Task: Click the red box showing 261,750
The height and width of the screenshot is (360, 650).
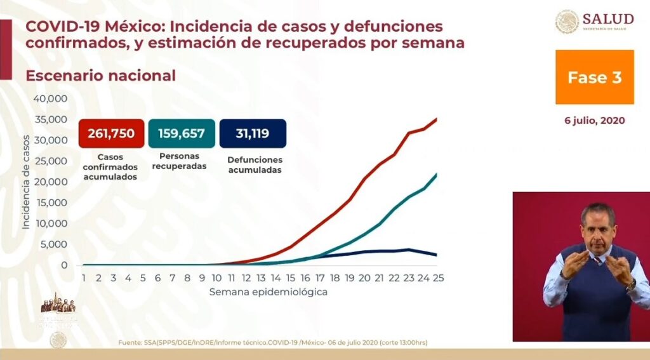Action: [x=112, y=133]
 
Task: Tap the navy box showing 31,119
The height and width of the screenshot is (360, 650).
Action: [x=252, y=133]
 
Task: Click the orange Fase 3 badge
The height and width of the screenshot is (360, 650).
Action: [x=594, y=77]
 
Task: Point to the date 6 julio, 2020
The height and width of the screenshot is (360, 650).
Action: [x=595, y=121]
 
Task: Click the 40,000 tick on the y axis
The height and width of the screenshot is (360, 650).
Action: [x=50, y=99]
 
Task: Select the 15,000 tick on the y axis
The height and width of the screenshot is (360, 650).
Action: [x=50, y=203]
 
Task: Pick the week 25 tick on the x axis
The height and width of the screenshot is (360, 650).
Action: [x=437, y=278]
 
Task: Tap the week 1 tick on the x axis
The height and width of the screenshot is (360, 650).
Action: [x=84, y=278]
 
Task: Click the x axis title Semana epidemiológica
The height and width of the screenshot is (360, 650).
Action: [x=269, y=292]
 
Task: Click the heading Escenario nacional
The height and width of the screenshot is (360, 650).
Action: [x=100, y=76]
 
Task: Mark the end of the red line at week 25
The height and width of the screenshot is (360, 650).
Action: [x=437, y=119]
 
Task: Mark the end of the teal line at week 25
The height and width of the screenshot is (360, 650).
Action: [x=437, y=174]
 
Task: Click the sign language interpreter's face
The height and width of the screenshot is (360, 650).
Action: [x=598, y=226]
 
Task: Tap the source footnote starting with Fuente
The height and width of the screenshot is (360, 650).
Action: [x=272, y=343]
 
